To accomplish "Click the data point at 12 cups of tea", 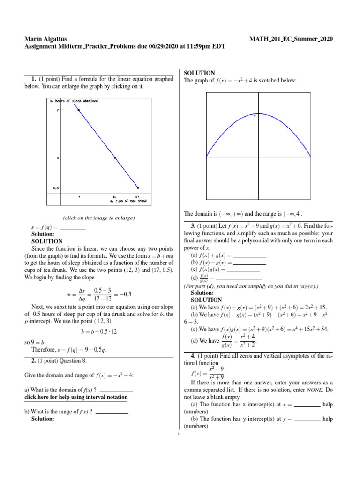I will (115, 157).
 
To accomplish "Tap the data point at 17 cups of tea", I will (137, 187).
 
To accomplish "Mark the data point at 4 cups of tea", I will (79, 110).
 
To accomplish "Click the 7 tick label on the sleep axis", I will (57, 110).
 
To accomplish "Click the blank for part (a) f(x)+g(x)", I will (249, 255).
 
